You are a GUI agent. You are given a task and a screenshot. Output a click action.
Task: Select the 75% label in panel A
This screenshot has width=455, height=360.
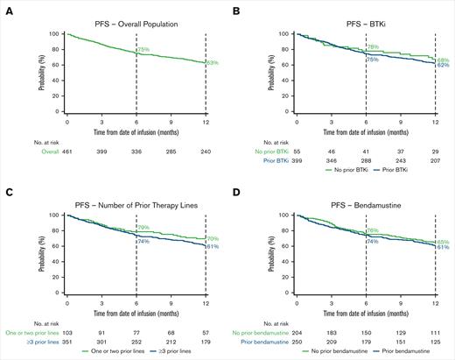tap(143, 50)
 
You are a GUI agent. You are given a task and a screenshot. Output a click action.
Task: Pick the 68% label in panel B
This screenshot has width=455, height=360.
tap(444, 59)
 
